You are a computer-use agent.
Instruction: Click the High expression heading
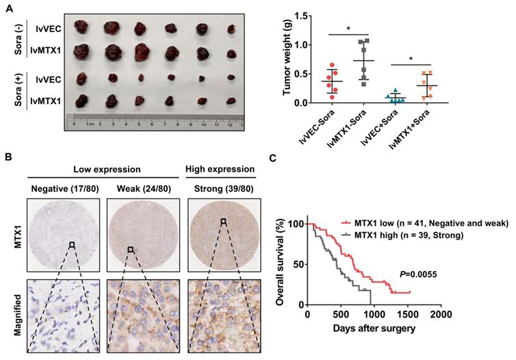pyautogui.click(x=220, y=168)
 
